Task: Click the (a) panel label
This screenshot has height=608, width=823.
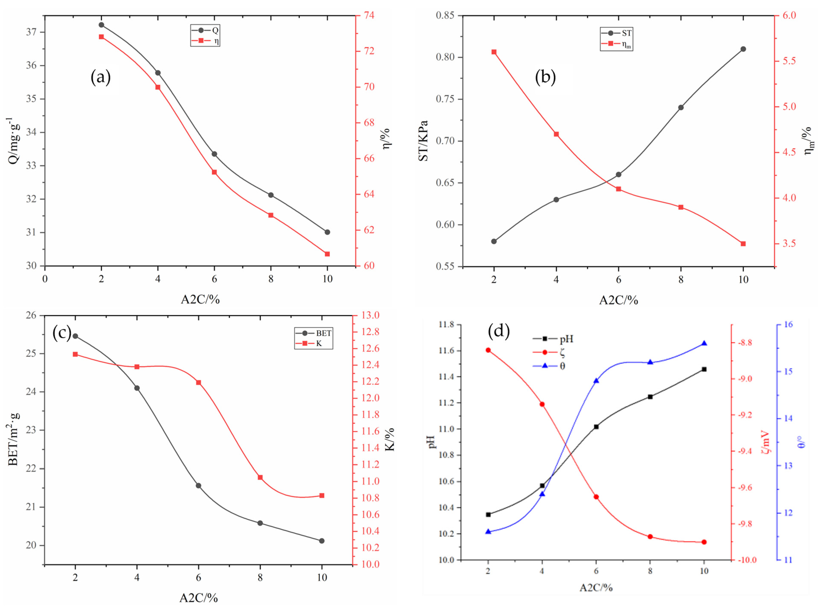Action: (101, 78)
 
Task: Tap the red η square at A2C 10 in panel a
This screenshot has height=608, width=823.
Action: (327, 254)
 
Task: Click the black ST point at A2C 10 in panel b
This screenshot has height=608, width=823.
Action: (743, 49)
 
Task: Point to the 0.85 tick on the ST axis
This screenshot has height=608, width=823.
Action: (445, 15)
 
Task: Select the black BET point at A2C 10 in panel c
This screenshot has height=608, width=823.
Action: (322, 541)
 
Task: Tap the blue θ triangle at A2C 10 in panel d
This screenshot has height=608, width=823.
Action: (704, 343)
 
